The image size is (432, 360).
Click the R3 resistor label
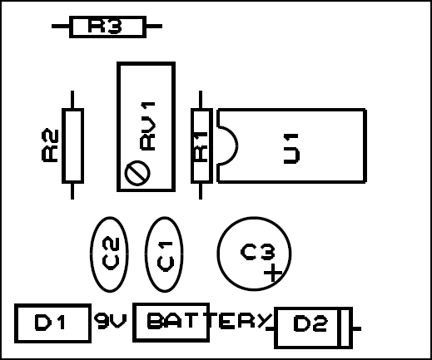tap(105, 27)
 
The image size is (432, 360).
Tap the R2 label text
tap(50, 145)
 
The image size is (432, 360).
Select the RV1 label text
tap(147, 126)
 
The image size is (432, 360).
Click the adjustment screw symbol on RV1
tap(137, 173)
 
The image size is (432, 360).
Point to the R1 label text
tap(201, 146)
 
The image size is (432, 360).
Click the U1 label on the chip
tap(291, 149)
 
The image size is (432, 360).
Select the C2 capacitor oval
tap(109, 254)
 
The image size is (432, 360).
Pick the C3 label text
tap(258, 252)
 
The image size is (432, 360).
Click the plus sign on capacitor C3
tap(273, 273)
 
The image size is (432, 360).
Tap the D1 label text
tap(50, 323)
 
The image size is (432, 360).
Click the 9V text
tap(110, 321)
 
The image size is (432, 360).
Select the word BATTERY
tap(209, 321)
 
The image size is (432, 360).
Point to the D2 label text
tap(310, 324)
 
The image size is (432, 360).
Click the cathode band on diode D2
tap(345, 328)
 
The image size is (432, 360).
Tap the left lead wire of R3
tap(61, 27)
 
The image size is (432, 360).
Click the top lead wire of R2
tap(72, 100)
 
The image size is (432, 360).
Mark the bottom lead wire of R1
tap(201, 191)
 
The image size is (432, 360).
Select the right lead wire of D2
tap(356, 328)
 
